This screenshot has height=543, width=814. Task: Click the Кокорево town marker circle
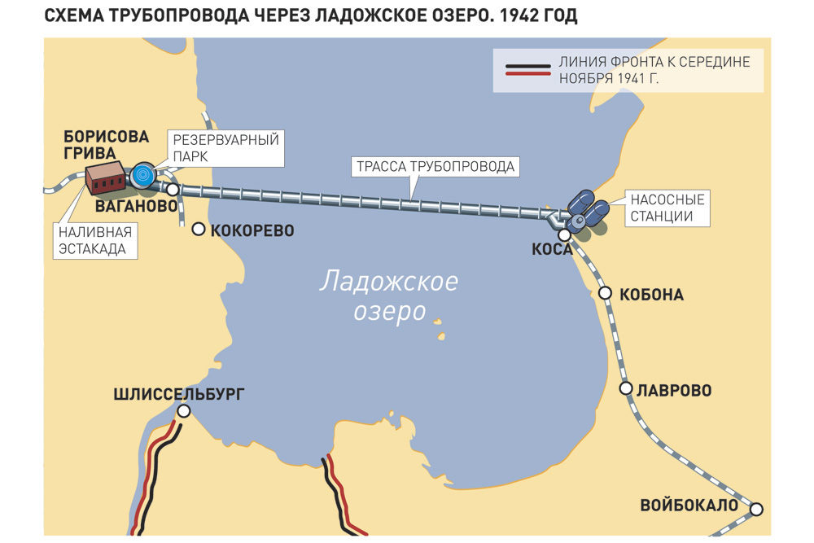click(x=199, y=230)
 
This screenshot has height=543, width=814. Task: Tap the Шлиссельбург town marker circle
click(x=184, y=412)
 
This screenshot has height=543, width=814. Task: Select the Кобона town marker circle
click(x=605, y=293)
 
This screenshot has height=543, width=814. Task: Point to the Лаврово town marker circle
click(x=626, y=388)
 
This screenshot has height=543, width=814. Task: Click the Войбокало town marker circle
click(x=756, y=509)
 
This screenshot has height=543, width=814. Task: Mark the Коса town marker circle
click(x=564, y=235)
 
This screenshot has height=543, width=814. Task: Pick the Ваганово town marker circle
click(x=173, y=189)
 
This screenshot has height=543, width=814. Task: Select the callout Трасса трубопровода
click(x=435, y=167)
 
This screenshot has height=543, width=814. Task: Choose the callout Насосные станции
click(x=666, y=208)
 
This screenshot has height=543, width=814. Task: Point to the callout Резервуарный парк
click(x=225, y=148)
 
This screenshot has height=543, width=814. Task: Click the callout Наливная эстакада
click(x=94, y=240)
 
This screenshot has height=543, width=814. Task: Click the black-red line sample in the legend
click(x=526, y=70)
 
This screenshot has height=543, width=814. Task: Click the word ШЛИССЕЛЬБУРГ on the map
click(x=178, y=395)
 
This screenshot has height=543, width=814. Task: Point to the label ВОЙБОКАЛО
click(x=689, y=505)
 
